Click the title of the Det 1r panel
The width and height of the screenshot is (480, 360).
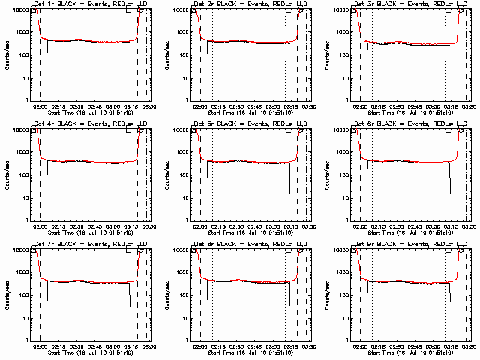pyautogui.click(x=90, y=4)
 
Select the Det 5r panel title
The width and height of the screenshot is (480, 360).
pyautogui.click(x=250, y=124)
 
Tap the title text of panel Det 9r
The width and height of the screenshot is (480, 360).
pyautogui.click(x=410, y=244)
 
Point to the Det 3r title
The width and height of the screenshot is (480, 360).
pyautogui.click(x=410, y=4)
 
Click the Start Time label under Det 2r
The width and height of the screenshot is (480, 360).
pyautogui.click(x=250, y=112)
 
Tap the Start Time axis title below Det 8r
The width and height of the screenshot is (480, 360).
pyautogui.click(x=250, y=352)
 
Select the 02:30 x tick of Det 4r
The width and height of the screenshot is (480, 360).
pyautogui.click(x=77, y=226)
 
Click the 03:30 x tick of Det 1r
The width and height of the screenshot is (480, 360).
pyautogui.click(x=150, y=106)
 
